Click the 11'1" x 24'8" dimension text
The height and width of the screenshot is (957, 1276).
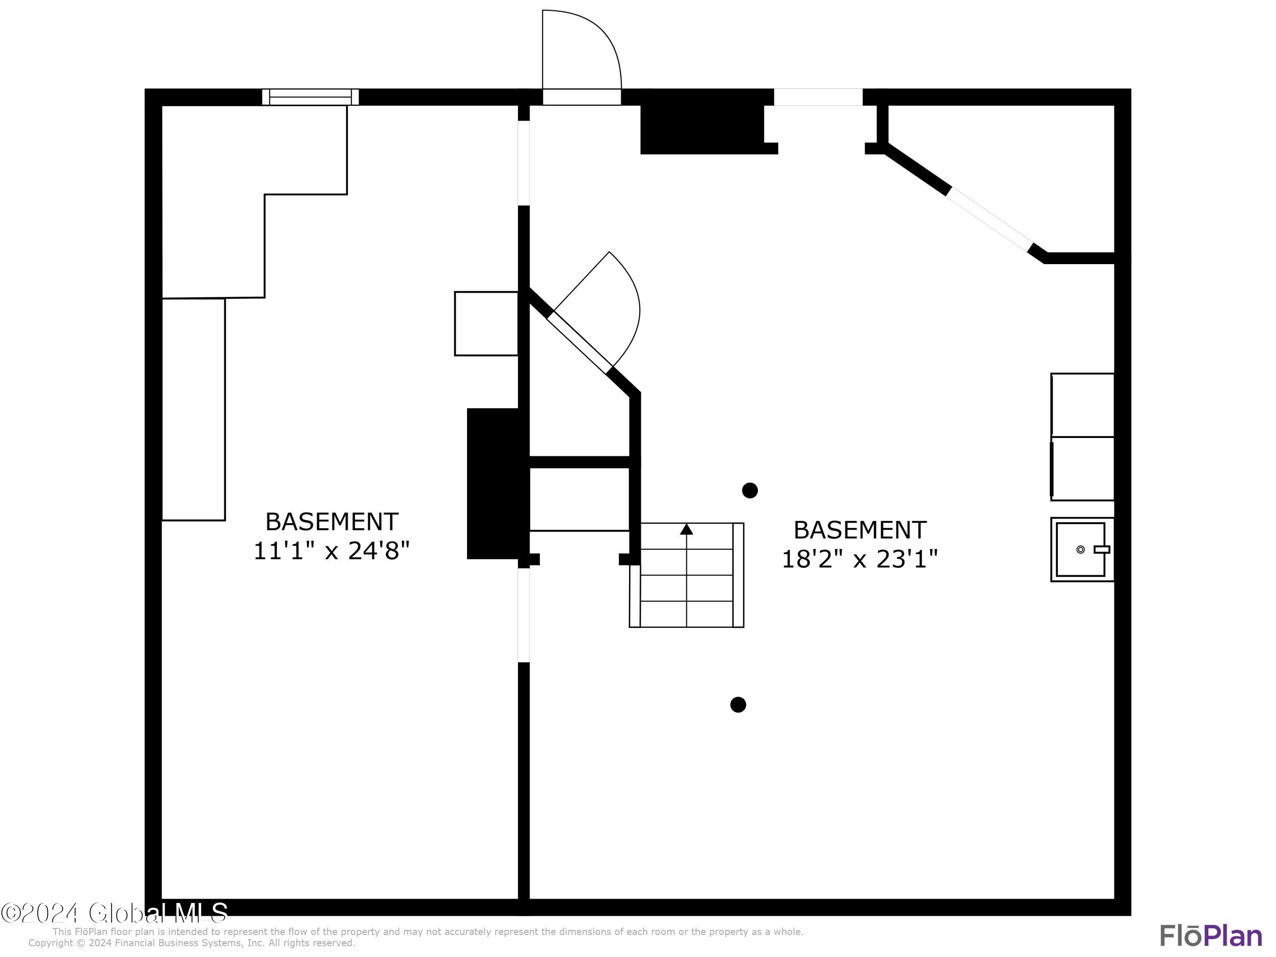[332, 551]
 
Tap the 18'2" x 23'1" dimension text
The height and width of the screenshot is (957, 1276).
[860, 559]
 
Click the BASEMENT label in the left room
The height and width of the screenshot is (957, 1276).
[332, 521]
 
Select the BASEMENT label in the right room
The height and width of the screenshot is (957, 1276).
[860, 530]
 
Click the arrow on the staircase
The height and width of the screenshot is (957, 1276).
[686, 529]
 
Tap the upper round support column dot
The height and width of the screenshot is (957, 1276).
[750, 490]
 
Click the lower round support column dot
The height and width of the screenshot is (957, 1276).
[738, 704]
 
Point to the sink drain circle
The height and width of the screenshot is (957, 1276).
[1080, 550]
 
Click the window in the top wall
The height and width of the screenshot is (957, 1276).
[310, 97]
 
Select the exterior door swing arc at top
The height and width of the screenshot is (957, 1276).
[600, 40]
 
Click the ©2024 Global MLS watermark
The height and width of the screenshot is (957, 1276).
[114, 913]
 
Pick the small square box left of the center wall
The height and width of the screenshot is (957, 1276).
[486, 324]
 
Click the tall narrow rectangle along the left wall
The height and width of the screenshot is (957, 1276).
[193, 410]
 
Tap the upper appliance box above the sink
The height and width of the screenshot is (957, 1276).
[1082, 405]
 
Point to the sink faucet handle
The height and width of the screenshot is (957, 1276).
[1102, 549]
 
